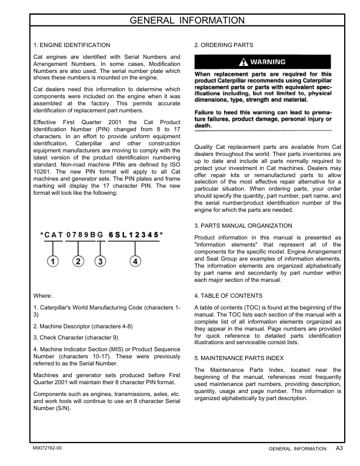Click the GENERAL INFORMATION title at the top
[x=179, y=21]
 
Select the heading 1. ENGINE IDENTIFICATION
[x=71, y=45]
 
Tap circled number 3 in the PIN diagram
[x=101, y=261]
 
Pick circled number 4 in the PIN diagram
[x=135, y=261]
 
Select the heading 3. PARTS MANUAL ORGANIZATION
[x=242, y=225]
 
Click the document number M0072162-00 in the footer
[x=47, y=448]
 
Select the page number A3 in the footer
[x=339, y=448]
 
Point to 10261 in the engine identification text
[x=43, y=155]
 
